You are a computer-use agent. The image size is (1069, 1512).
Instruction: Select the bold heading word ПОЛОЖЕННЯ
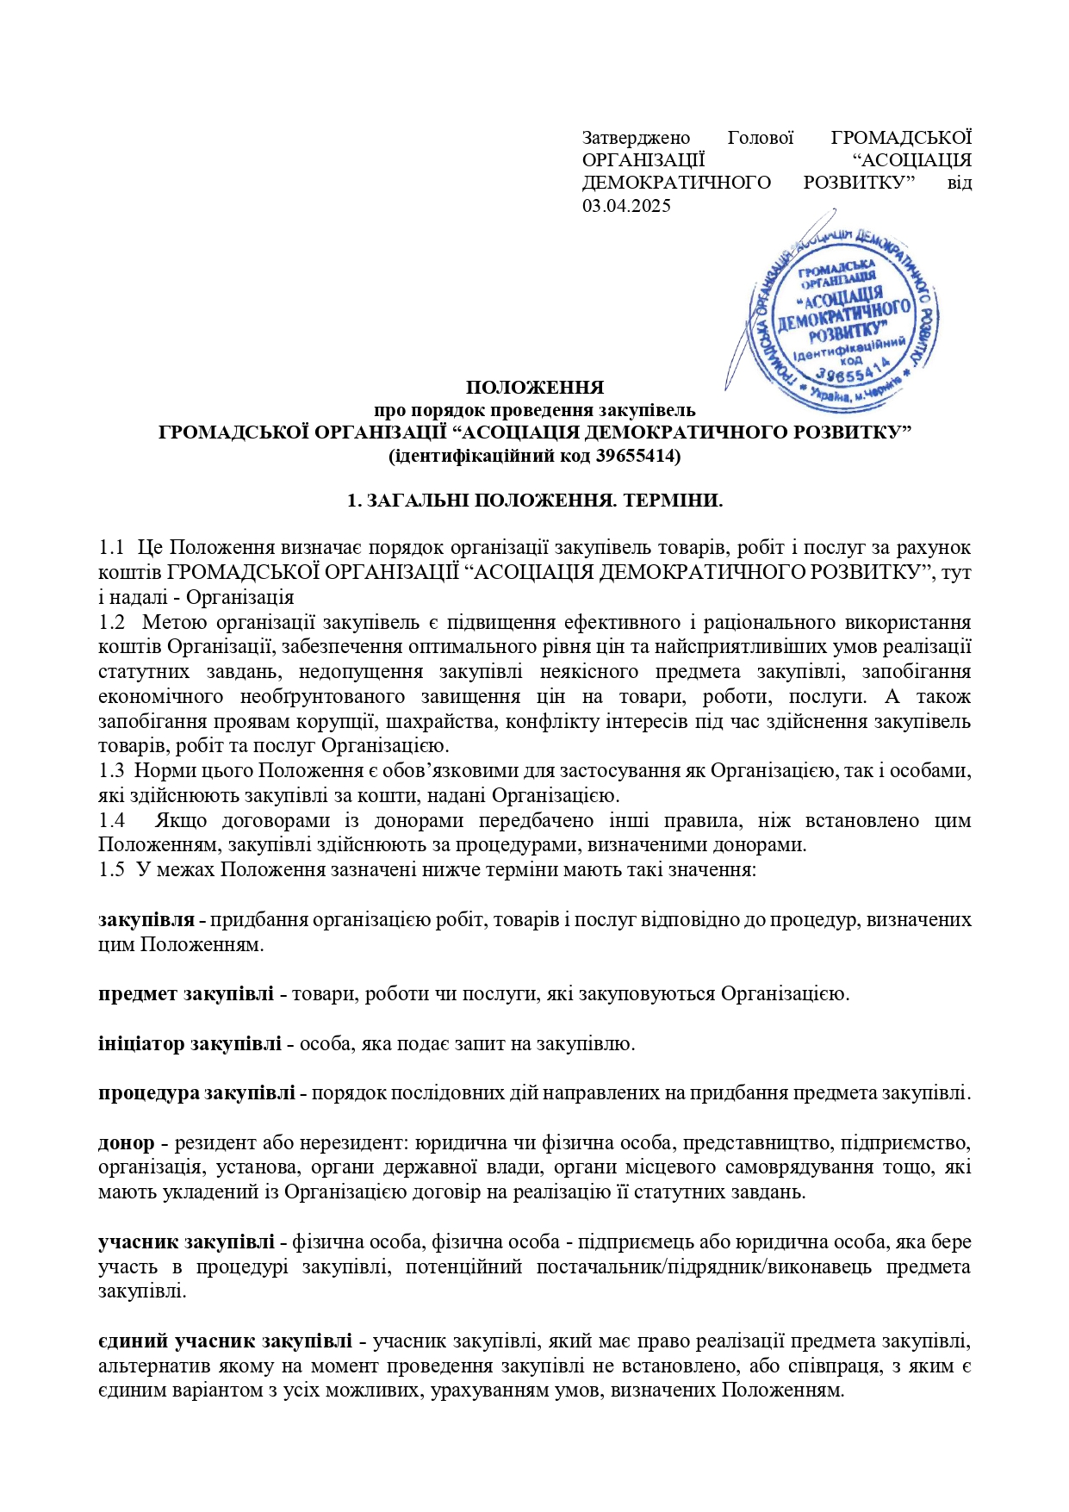pyautogui.click(x=534, y=388)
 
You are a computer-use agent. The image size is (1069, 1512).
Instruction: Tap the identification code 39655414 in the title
pyautogui.click(x=637, y=456)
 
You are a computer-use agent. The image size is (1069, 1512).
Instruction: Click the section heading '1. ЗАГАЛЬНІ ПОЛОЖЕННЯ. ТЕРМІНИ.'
pyautogui.click(x=534, y=501)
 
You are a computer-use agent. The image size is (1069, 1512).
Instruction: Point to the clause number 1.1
pyautogui.click(x=112, y=547)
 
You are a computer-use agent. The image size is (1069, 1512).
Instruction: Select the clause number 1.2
pyautogui.click(x=112, y=622)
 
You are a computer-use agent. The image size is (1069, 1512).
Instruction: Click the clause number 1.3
pyautogui.click(x=112, y=770)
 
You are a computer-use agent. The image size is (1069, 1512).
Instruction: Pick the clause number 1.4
pyautogui.click(x=112, y=820)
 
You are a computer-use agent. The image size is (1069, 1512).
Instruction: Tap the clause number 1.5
pyautogui.click(x=112, y=869)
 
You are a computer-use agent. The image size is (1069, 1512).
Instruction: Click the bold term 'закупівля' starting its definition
pyautogui.click(x=146, y=920)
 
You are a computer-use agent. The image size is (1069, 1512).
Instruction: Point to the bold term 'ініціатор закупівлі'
pyautogui.click(x=190, y=1044)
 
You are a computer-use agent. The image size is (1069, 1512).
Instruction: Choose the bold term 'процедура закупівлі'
pyautogui.click(x=196, y=1093)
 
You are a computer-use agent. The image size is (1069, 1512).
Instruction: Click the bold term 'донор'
pyautogui.click(x=126, y=1143)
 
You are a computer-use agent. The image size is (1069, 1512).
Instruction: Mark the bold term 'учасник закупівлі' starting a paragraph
pyautogui.click(x=186, y=1242)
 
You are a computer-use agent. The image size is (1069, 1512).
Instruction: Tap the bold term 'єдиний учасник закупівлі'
pyautogui.click(x=225, y=1341)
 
